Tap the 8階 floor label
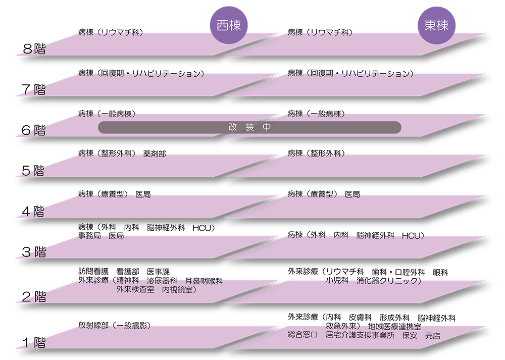pos(34,49)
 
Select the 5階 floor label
pos(34,171)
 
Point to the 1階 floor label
pos(34,343)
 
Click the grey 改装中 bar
pos(249,127)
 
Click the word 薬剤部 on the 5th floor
pos(155,153)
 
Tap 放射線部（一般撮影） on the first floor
pos(114,325)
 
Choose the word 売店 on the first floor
pos(432,335)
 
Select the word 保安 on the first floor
pos(410,335)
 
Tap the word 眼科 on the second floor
pos(440,272)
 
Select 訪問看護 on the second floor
pos(93,272)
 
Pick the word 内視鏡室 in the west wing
pos(178,289)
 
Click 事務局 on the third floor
pos(89,236)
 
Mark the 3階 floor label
pos(34,251)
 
